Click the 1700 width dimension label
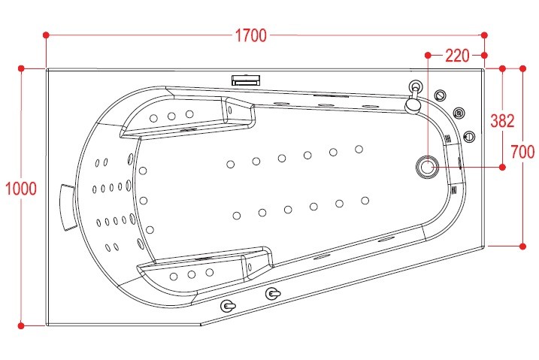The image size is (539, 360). pyautogui.click(x=250, y=35)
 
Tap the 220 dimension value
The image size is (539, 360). pyautogui.click(x=457, y=55)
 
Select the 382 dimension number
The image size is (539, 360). pyautogui.click(x=501, y=120)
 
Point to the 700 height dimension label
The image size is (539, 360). pyautogui.click(x=522, y=153)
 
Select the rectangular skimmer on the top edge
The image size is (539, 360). pyautogui.click(x=246, y=79)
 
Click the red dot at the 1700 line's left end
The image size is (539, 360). pyautogui.click(x=47, y=35)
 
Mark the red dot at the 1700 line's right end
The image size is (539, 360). pyautogui.click(x=484, y=35)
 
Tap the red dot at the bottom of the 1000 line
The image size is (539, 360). pyautogui.click(x=21, y=325)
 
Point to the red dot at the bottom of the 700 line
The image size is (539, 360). pyautogui.click(x=522, y=245)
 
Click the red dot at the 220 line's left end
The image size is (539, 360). pyautogui.click(x=428, y=55)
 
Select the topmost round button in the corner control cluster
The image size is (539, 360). pyautogui.click(x=441, y=95)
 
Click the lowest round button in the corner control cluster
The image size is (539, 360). pyautogui.click(x=469, y=136)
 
